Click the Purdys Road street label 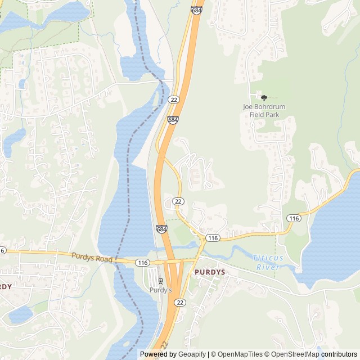92,258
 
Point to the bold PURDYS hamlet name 210,272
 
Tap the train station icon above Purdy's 161,281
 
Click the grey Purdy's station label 160,290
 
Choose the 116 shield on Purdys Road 142,262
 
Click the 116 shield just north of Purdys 212,238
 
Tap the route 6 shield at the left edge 2,250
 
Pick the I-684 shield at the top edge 196,10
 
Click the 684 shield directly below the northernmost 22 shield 173,120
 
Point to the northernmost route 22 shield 174,100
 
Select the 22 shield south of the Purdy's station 180,303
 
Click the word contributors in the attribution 340,354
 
